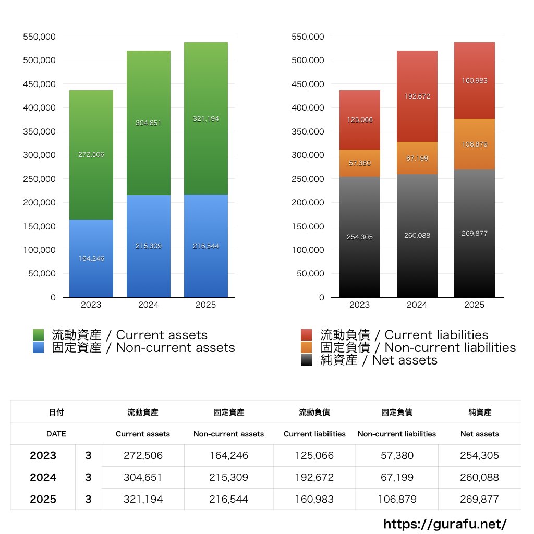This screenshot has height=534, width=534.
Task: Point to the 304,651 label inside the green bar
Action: [149, 123]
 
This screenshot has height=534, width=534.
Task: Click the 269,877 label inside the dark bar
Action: [474, 233]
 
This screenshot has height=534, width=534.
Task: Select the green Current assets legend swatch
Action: [39, 335]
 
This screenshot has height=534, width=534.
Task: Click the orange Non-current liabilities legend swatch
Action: [307, 347]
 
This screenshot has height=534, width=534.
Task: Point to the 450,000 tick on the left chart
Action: [40, 84]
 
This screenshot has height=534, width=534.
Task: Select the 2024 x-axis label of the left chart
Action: [149, 305]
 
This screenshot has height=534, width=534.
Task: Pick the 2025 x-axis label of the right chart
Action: [474, 305]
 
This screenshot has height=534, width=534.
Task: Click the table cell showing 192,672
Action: [314, 477]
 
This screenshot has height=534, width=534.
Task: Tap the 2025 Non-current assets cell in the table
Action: [228, 499]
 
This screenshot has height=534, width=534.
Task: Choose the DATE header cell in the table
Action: [56, 434]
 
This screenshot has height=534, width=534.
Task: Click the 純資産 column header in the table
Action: [479, 412]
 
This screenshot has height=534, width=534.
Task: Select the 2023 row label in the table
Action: [43, 455]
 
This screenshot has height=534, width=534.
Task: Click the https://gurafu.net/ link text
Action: [445, 524]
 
